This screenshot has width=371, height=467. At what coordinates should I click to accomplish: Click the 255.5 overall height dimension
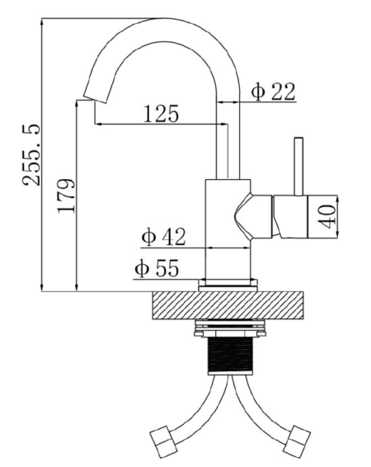point(31,154)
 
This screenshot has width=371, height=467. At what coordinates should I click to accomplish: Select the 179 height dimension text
point(66,196)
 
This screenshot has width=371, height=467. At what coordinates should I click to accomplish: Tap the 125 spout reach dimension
point(161,114)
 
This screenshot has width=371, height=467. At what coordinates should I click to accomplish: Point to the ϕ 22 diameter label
point(273,92)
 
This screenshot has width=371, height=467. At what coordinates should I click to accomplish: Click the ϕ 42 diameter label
point(163,237)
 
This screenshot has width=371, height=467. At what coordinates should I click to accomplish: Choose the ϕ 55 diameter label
point(157,268)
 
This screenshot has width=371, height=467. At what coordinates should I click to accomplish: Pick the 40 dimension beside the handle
point(327,216)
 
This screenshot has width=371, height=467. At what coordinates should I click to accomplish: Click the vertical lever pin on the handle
point(298,166)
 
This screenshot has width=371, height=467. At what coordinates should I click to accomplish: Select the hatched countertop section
point(228,305)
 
